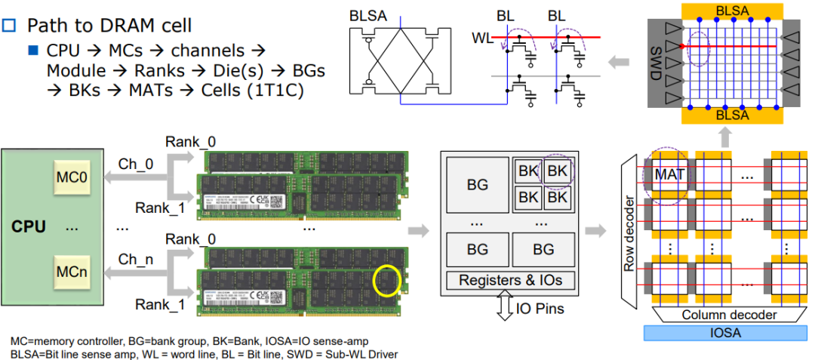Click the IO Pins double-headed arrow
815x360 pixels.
(505, 308)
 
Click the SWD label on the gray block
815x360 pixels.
(657, 60)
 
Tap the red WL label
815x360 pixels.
(482, 37)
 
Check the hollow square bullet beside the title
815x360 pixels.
(9, 25)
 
